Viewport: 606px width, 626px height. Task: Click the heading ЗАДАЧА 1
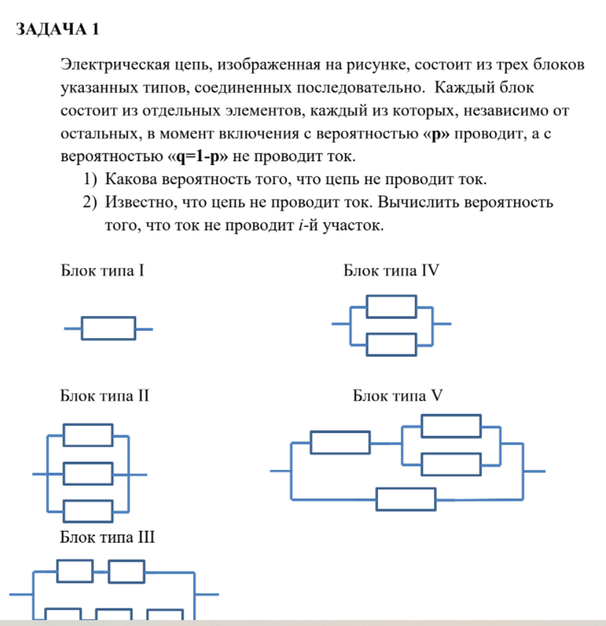(57, 29)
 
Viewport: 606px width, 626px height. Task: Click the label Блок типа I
(101, 271)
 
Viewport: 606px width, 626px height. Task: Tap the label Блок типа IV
(391, 271)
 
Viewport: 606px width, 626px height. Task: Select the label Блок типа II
(104, 396)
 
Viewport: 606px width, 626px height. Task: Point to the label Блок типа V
(398, 396)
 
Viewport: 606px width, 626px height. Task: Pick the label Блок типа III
(107, 537)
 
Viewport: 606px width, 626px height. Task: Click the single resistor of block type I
(108, 328)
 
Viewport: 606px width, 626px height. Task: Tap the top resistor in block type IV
(391, 306)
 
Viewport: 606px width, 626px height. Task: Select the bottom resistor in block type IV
(391, 345)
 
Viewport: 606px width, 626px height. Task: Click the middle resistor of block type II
(88, 474)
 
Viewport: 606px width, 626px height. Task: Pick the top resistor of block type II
(88, 435)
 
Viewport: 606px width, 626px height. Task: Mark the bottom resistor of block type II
(88, 511)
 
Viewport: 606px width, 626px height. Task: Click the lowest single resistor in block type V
(406, 499)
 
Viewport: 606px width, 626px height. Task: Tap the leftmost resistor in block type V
(340, 443)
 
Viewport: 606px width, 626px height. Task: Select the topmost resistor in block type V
(451, 426)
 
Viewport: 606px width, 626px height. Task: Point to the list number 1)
(90, 179)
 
